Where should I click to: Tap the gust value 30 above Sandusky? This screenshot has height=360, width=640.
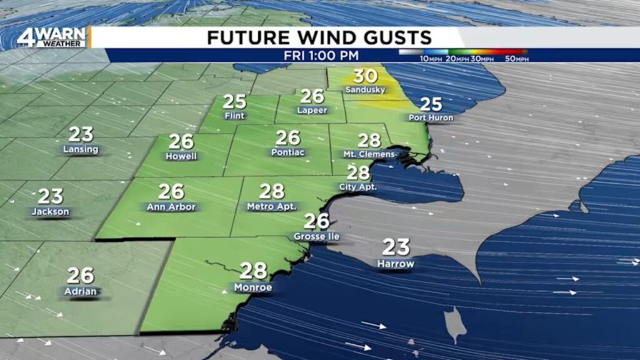click(366, 77)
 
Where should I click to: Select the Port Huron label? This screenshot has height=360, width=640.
click(431, 117)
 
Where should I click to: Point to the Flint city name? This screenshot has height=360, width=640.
click(235, 116)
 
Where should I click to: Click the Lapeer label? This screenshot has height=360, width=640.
click(312, 110)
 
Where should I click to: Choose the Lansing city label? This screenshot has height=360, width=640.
click(81, 149)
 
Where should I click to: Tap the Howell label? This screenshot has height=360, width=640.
click(181, 156)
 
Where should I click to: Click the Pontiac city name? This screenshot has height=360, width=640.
click(287, 152)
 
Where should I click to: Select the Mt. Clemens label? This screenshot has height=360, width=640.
click(369, 154)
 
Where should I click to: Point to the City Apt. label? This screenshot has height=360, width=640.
click(358, 187)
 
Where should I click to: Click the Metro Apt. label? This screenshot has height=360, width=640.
click(271, 206)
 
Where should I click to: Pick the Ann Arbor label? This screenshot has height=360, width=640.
click(171, 207)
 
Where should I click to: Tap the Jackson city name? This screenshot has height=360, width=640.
click(51, 212)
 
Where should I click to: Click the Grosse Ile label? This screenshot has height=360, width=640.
click(317, 237)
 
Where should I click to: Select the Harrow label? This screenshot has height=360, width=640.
click(396, 264)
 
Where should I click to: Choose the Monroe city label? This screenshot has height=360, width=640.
click(253, 287)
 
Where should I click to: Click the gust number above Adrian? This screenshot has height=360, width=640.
click(81, 275)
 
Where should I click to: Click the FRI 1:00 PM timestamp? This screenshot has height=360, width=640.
click(312, 56)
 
